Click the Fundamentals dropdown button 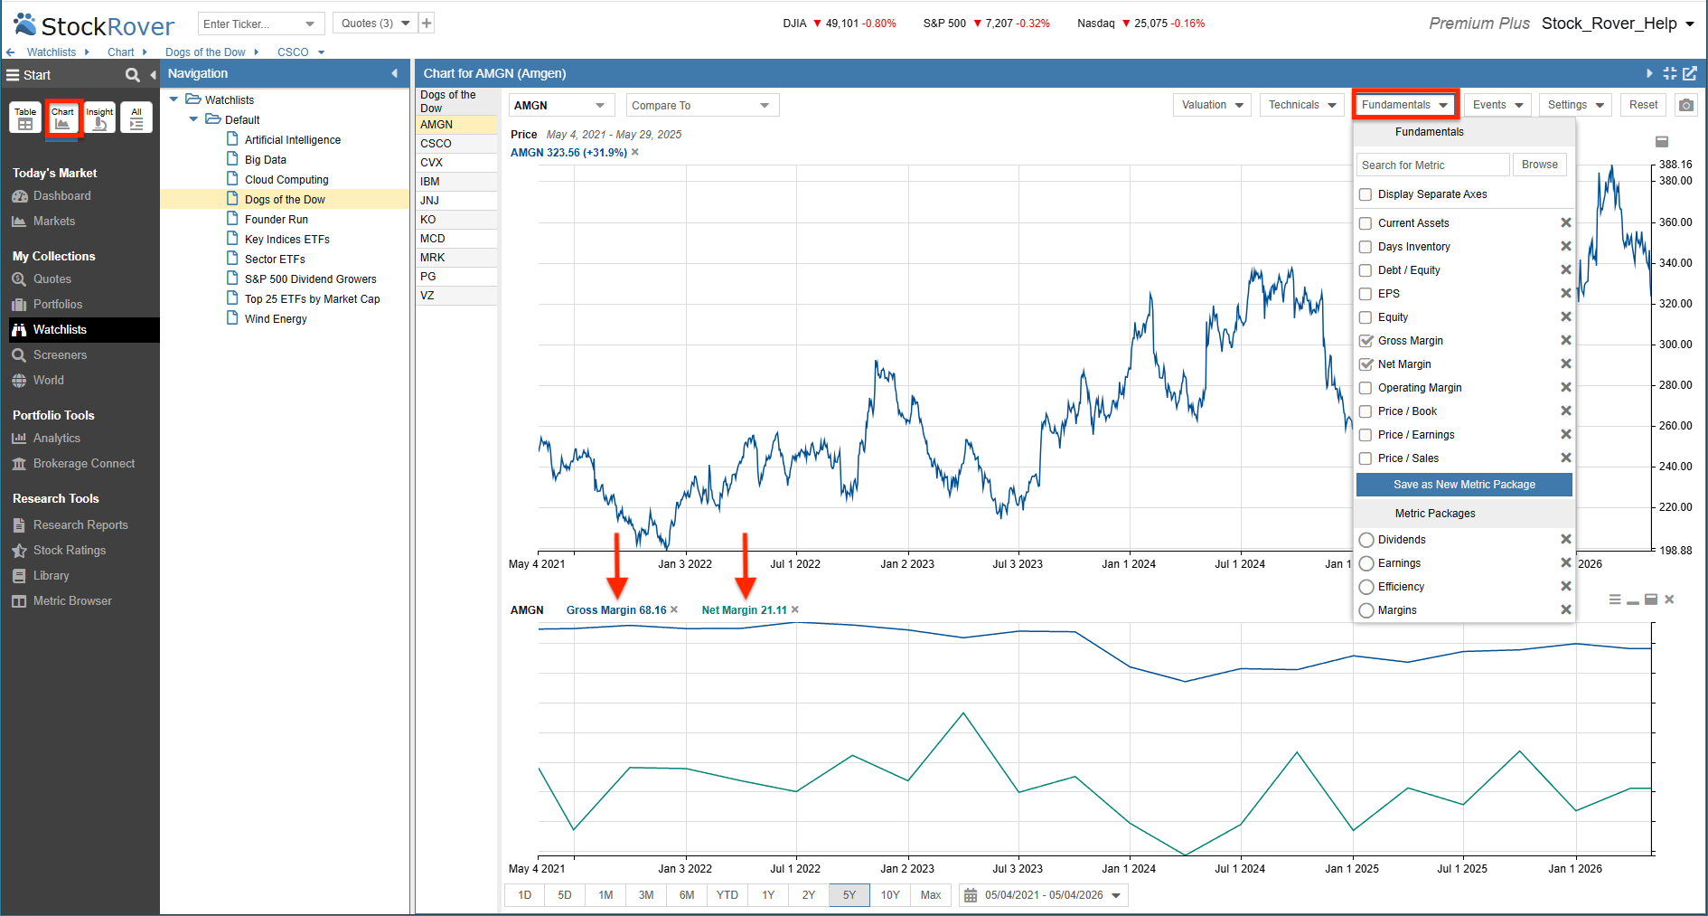(x=1405, y=105)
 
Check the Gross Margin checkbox (x=1365, y=341)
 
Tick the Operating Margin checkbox (x=1365, y=388)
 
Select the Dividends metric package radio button (x=1366, y=540)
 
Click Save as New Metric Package (x=1464, y=485)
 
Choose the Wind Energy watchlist (x=276, y=319)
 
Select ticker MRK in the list (x=433, y=258)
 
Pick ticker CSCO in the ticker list (x=436, y=144)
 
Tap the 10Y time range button (x=890, y=895)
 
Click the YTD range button (x=727, y=895)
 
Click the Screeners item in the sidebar (x=60, y=355)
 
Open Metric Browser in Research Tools (x=72, y=601)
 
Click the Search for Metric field (x=1433, y=165)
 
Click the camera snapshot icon (x=1686, y=105)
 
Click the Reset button (x=1643, y=105)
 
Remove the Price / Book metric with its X (x=1566, y=411)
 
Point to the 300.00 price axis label (x=1675, y=345)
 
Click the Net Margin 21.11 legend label (x=744, y=610)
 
